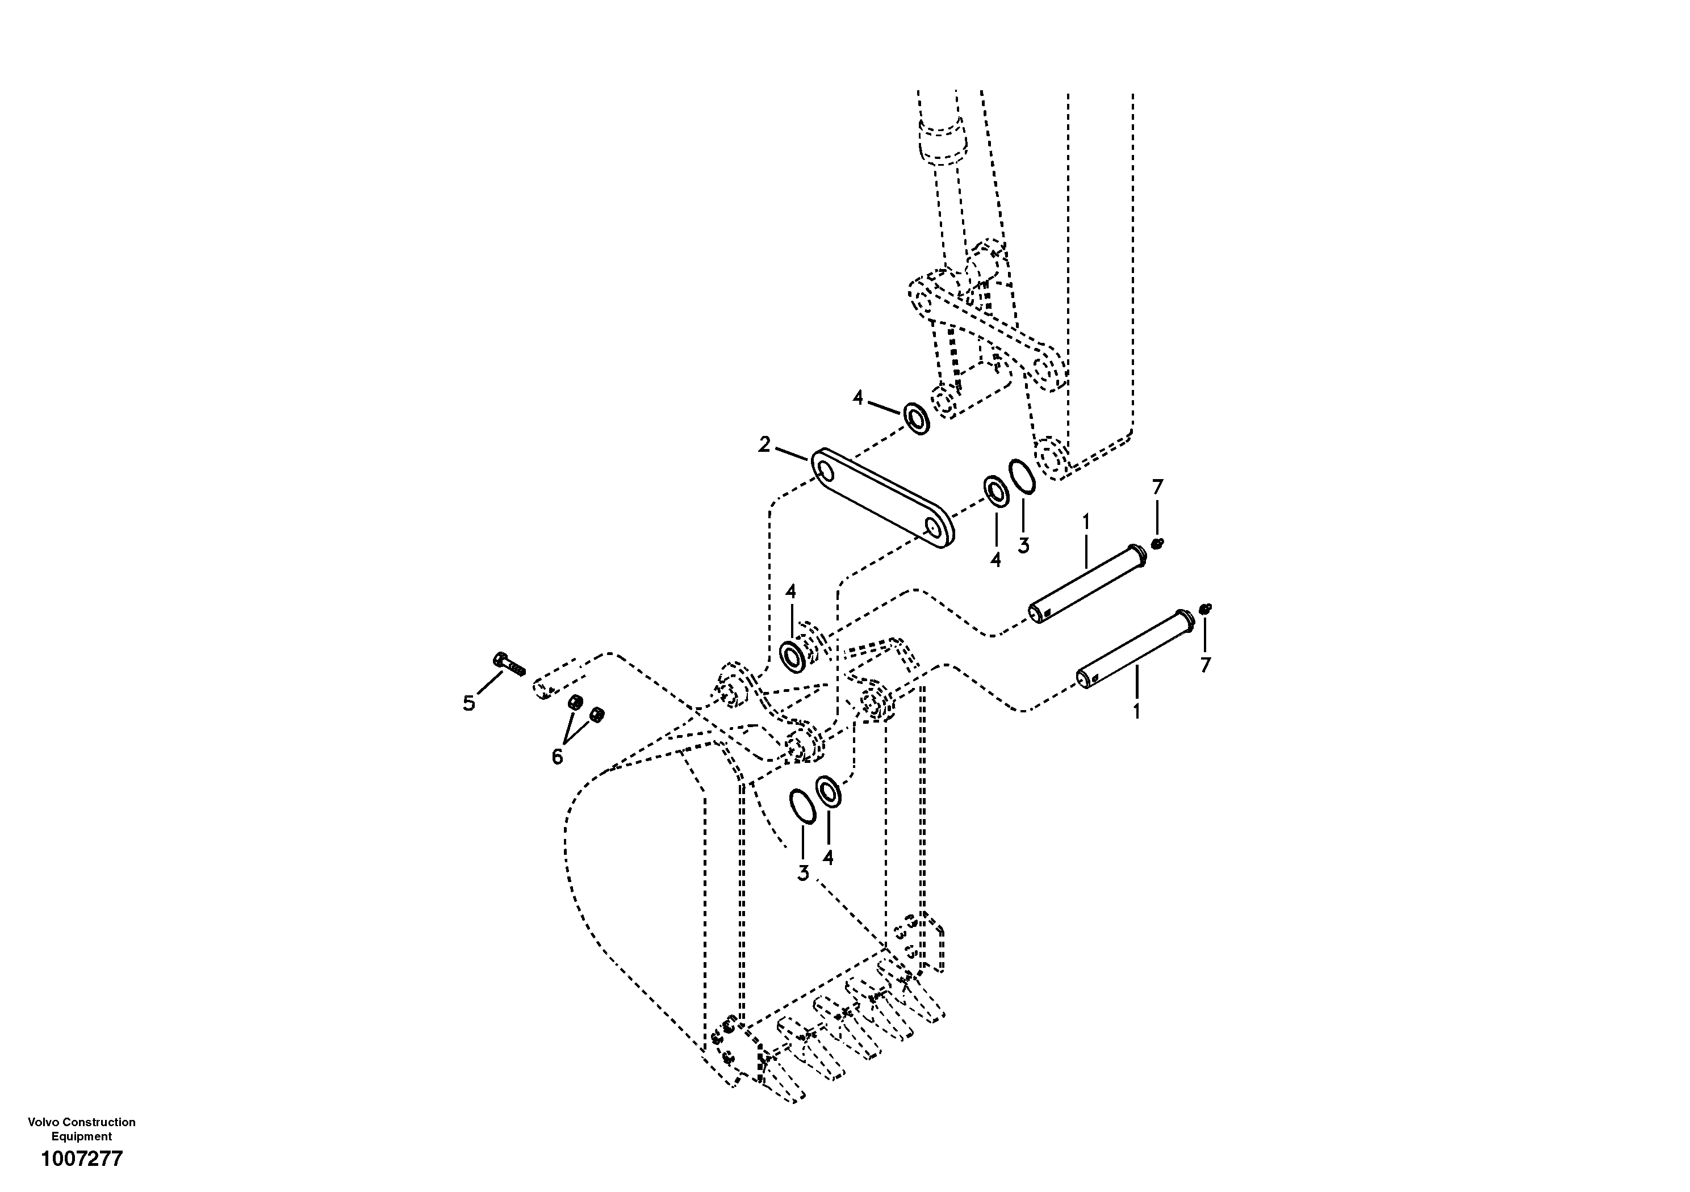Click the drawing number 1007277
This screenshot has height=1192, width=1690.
click(x=82, y=1160)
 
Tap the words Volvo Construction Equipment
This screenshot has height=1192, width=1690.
click(x=82, y=1129)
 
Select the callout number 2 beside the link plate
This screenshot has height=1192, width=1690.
click(x=765, y=444)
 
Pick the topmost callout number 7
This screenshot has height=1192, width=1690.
click(x=1157, y=487)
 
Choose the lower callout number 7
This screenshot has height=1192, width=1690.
click(x=1205, y=665)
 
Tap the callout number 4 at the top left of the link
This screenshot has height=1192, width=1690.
click(x=857, y=398)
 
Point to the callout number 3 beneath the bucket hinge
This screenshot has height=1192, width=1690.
click(x=803, y=874)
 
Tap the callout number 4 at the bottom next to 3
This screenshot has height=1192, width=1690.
click(x=828, y=858)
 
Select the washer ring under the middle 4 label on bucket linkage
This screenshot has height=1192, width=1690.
click(x=793, y=656)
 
